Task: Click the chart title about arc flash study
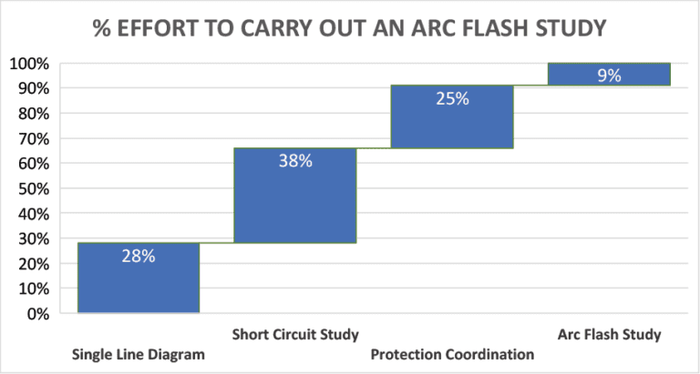tap(349, 29)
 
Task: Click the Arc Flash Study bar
tap(609, 75)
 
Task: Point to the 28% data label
tap(139, 257)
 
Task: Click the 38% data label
tap(294, 161)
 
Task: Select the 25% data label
tap(451, 98)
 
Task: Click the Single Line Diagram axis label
tap(138, 354)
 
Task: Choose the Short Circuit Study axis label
tap(295, 334)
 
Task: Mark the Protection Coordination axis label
tap(452, 354)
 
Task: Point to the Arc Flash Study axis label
tap(609, 334)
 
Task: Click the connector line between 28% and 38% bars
tap(217, 243)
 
